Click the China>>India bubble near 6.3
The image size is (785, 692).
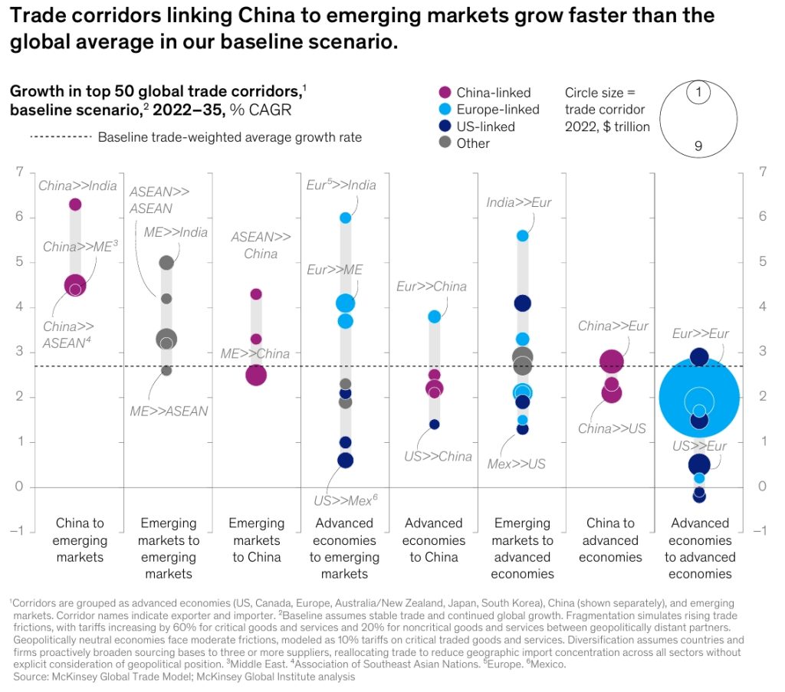[75, 204]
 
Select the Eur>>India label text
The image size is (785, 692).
[341, 185]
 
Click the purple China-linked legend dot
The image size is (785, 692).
[443, 93]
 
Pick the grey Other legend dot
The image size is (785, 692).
[443, 143]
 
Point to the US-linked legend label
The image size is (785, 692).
[485, 126]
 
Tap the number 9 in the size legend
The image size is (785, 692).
[698, 146]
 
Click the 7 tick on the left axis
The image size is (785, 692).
[19, 172]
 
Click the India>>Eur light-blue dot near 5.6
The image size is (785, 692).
[522, 236]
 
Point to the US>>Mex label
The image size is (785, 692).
[345, 500]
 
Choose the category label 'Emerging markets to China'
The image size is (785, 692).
[256, 539]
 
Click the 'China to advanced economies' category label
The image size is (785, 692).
[610, 539]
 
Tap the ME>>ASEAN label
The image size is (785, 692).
[169, 411]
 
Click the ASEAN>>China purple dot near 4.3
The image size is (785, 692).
[256, 294]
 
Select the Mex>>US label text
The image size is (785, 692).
[517, 464]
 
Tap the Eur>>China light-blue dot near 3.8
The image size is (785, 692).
[434, 316]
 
